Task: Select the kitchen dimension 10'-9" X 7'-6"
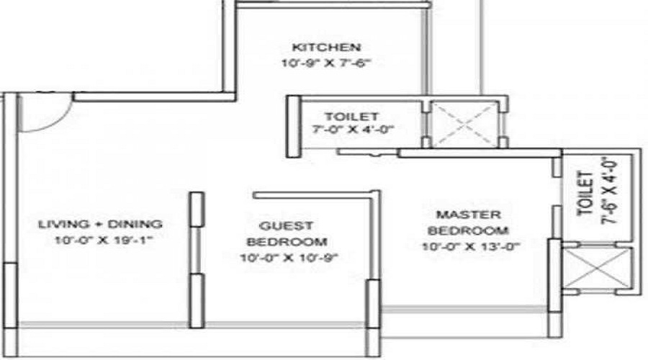325,63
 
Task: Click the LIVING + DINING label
100,224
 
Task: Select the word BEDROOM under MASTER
468,230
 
